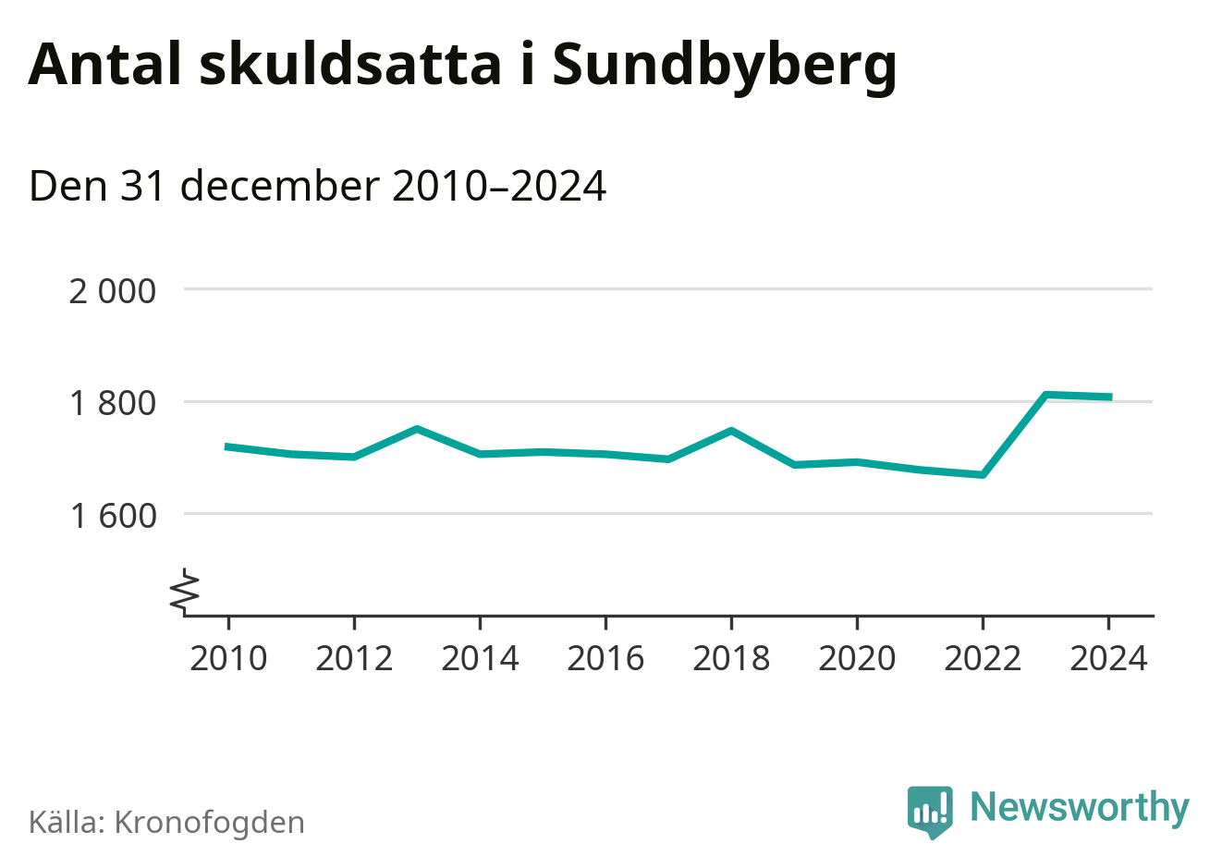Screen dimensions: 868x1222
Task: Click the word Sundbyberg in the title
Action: (724, 65)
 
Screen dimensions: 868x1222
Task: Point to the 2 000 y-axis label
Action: (113, 291)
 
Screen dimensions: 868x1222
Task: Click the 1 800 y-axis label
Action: (113, 403)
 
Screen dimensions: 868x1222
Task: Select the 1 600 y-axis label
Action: (113, 515)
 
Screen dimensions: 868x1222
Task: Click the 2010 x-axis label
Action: (228, 659)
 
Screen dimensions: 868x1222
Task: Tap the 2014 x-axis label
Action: (480, 659)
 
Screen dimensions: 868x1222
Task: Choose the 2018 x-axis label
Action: (731, 659)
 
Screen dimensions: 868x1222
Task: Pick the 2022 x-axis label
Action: (983, 659)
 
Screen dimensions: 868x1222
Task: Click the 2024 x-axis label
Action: (1108, 659)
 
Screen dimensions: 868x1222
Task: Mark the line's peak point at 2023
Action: (1045, 395)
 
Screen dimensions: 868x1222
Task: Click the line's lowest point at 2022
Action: (983, 475)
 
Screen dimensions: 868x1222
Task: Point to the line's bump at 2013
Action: (417, 429)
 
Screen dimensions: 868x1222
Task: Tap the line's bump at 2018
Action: (731, 431)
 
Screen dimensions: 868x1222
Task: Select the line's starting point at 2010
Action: (228, 446)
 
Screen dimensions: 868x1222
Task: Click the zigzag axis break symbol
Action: (185, 591)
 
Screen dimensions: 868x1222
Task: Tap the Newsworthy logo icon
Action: (929, 811)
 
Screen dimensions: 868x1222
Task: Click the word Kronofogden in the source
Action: (209, 823)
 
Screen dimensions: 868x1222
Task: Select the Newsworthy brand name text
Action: (1080, 807)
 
